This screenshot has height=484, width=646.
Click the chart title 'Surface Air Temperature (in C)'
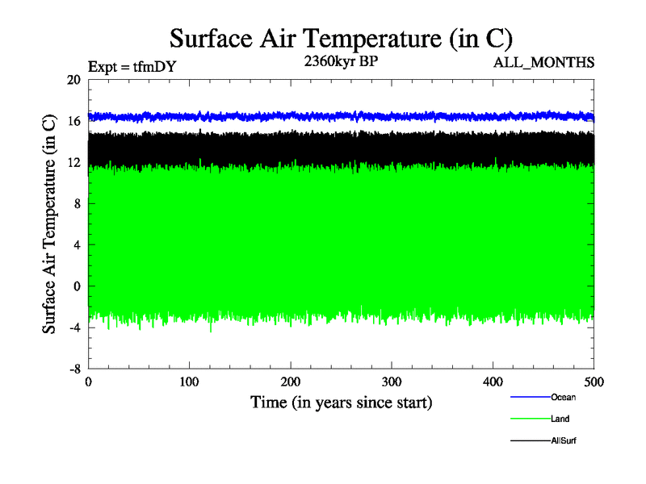(341, 38)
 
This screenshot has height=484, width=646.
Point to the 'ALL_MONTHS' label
(545, 62)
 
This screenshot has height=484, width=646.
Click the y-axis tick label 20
(73, 80)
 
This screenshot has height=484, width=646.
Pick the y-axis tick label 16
(73, 121)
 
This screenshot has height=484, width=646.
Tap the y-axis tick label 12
(73, 162)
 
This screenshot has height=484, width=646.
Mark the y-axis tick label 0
(77, 286)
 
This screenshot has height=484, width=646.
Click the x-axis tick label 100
(189, 382)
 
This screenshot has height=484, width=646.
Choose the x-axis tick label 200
(291, 382)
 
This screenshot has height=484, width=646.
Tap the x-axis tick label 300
(392, 382)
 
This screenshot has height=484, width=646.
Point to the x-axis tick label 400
(493, 382)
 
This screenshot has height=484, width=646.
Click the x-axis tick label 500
(594, 382)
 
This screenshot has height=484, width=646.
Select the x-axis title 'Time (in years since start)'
(341, 402)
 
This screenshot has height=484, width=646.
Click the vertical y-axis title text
(50, 224)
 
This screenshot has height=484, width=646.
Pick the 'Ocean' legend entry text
(564, 397)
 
